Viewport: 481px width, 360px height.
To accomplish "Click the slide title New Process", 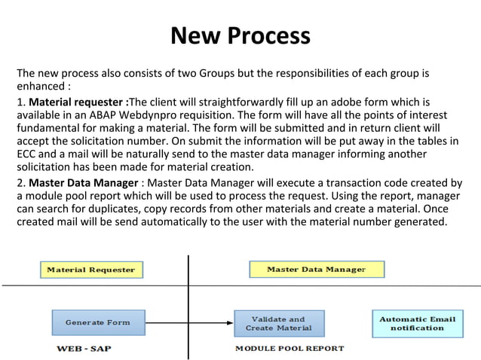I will (x=240, y=35).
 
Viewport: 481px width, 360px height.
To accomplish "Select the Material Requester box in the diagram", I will (x=91, y=270).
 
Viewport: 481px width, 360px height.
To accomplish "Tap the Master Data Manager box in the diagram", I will (x=317, y=269).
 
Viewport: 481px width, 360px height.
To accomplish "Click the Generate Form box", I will (x=97, y=322).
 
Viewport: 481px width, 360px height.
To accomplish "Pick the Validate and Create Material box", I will (x=279, y=323).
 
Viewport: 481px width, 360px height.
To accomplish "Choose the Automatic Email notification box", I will (x=417, y=323).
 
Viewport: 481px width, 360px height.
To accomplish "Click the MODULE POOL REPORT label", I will (x=290, y=349).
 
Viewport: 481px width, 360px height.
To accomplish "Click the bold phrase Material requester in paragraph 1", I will (x=76, y=102).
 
